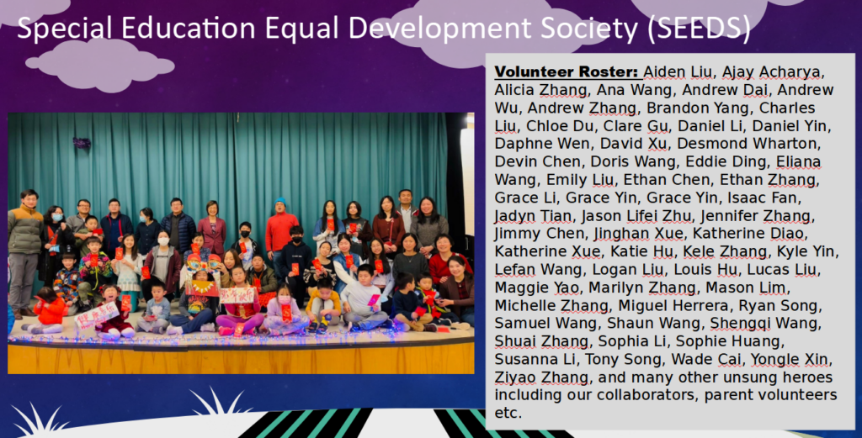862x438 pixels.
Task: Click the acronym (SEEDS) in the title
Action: coord(699,29)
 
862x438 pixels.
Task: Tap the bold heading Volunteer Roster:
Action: coord(567,72)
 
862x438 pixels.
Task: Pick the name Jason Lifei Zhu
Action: coord(632,216)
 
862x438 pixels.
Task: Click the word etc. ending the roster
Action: coord(507,414)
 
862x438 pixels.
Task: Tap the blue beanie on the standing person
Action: coord(280,202)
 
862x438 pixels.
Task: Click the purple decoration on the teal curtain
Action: coord(82,143)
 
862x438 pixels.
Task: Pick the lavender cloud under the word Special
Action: coord(100,64)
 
